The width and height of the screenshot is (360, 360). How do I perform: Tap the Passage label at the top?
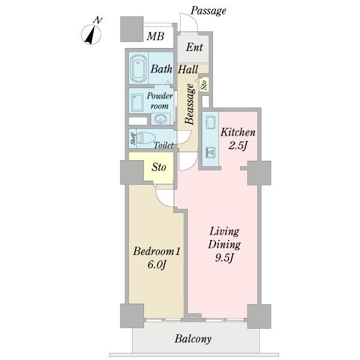208,11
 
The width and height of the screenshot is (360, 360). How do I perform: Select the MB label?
155,36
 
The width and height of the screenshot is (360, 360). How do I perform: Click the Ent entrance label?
194,47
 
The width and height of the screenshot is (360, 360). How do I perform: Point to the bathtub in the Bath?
139,68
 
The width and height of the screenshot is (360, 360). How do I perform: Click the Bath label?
161,69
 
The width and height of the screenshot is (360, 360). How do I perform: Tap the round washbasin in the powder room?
160,119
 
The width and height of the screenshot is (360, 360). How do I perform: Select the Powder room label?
160,101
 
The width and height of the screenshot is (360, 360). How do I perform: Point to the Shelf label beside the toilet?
133,139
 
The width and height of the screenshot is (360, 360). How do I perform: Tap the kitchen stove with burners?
211,152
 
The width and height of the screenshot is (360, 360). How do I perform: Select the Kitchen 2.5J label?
238,139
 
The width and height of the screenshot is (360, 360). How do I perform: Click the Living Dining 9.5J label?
224,245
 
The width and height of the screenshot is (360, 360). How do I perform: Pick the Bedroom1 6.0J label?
157,258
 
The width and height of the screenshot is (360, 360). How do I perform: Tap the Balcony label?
193,339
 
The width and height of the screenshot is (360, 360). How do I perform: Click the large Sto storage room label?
158,167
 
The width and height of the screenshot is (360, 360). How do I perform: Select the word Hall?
188,70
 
